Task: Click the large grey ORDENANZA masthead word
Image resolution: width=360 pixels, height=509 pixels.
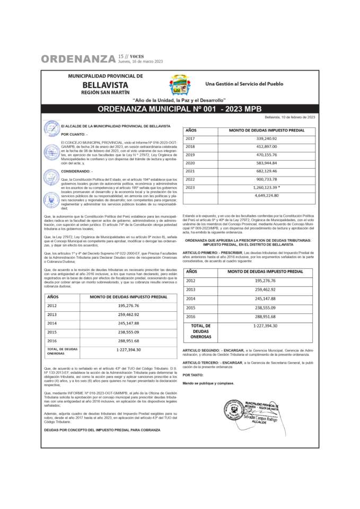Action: pyautogui.click(x=78, y=59)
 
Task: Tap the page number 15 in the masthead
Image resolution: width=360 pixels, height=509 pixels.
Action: pyautogui.click(x=121, y=56)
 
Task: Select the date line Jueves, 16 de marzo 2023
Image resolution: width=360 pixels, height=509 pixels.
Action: pyautogui.click(x=141, y=62)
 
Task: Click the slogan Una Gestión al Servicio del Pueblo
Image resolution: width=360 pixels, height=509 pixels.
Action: pyautogui.click(x=244, y=84)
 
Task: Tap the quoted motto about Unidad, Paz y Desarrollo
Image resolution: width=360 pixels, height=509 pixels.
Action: pyautogui.click(x=179, y=100)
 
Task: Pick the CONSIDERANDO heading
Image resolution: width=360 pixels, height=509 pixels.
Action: pyautogui.click(x=77, y=172)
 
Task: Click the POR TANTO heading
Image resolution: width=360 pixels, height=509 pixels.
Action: pyautogui.click(x=192, y=374)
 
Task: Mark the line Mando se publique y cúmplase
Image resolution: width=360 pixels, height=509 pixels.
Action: pyautogui.click(x=204, y=383)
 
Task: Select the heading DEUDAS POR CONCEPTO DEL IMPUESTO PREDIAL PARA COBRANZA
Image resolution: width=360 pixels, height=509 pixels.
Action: pyautogui.click(x=102, y=429)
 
